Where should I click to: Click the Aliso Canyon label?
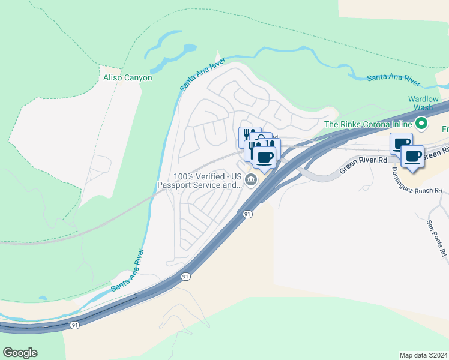coord(128,77)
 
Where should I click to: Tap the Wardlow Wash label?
coord(424,103)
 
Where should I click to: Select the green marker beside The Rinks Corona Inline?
coord(422,124)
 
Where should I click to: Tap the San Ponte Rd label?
coord(436,239)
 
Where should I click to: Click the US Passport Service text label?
coord(200,181)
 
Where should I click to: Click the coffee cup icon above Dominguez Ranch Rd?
coord(412,157)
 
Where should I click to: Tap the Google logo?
coord(20,353)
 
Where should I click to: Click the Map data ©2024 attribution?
coord(423,355)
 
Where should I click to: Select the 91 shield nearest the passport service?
coord(247,214)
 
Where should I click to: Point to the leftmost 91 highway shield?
coord(74,325)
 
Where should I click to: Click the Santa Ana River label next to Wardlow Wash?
coord(393,78)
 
